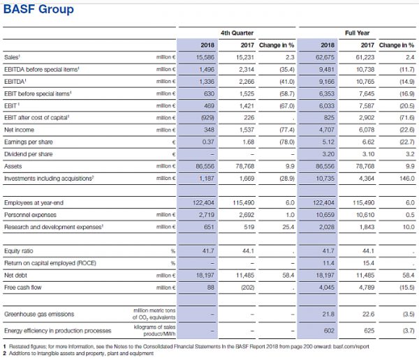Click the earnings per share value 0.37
click(206, 142)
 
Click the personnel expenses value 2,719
click(204, 215)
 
